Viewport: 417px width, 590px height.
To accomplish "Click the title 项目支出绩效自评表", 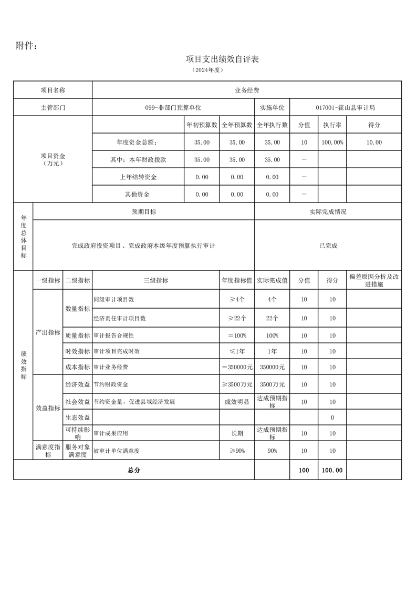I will click(x=223, y=59).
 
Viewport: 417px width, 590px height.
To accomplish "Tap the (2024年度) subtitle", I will click(x=208, y=69).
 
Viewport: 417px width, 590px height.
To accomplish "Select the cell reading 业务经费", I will click(x=246, y=90).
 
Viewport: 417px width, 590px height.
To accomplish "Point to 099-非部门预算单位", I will click(x=173, y=107).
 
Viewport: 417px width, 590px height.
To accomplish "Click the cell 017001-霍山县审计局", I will click(x=345, y=107).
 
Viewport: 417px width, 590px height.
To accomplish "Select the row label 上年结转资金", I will click(x=138, y=177).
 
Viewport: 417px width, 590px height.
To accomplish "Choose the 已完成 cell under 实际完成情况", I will click(x=328, y=246).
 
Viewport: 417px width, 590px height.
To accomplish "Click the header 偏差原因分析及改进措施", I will click(x=373, y=280).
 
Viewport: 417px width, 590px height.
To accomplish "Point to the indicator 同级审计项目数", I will click(x=113, y=299).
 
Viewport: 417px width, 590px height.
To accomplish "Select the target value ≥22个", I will click(x=237, y=318).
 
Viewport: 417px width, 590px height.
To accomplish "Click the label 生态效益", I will click(x=78, y=418).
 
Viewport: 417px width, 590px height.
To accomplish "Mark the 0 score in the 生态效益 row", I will click(x=332, y=418).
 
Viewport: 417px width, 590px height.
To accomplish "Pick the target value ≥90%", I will click(x=237, y=451).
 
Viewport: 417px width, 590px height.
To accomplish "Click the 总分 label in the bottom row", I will click(x=134, y=470).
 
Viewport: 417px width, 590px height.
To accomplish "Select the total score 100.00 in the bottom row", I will click(x=332, y=470).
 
